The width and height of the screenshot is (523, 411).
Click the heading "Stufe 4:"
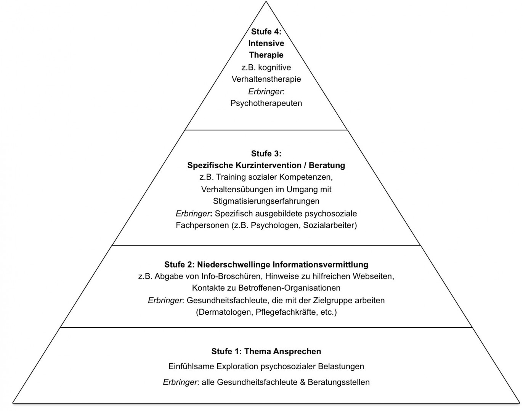click(266, 32)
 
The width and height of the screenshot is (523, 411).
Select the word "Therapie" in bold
click(266, 55)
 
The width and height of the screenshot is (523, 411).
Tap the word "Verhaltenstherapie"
click(266, 79)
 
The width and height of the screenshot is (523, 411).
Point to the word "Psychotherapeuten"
click(266, 104)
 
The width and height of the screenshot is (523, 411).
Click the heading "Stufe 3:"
click(266, 154)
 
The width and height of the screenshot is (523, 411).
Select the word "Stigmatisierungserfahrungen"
click(266, 201)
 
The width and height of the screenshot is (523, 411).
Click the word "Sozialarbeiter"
click(330, 225)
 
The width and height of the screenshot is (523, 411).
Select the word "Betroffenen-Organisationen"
click(289, 288)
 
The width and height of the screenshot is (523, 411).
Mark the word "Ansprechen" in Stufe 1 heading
click(297, 351)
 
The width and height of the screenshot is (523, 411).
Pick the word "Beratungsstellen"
click(339, 382)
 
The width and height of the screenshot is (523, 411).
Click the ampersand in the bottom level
click(303, 382)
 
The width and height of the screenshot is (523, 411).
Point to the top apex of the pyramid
click(266, 2)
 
